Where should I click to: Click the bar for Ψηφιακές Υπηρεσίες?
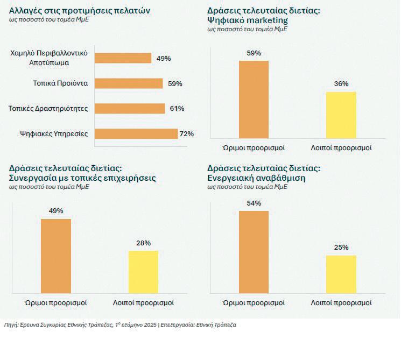(136, 133)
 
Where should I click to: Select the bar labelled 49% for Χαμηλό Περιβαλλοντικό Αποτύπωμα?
(123, 58)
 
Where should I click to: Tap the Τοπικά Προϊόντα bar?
(129, 83)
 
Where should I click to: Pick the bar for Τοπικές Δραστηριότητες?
(130, 109)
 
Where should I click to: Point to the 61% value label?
(177, 109)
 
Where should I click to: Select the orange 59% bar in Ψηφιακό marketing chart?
(254, 99)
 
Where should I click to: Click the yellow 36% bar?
(341, 115)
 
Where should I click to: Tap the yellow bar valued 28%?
(143, 272)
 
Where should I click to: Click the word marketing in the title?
(266, 20)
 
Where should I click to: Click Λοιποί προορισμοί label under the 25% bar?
(341, 303)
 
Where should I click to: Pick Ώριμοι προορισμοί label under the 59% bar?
(254, 148)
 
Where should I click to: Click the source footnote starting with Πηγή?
(119, 325)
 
